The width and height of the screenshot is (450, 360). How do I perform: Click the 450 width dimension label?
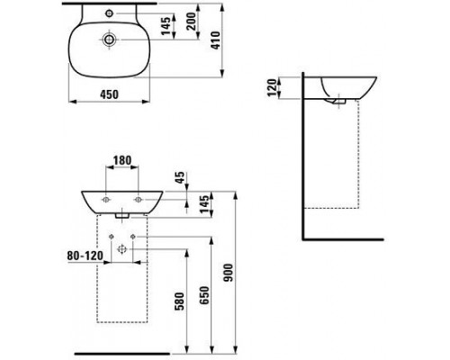click(109, 94)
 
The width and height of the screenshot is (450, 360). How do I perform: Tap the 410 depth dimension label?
click(216, 40)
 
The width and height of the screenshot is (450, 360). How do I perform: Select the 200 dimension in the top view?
click(191, 21)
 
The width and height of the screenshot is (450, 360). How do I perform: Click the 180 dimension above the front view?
click(122, 160)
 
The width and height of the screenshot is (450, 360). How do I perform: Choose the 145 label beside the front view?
click(204, 204)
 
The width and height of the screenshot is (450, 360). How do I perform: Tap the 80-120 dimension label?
click(85, 256)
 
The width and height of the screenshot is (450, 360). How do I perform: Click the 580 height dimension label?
click(179, 301)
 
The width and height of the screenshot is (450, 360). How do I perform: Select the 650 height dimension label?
click(204, 295)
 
